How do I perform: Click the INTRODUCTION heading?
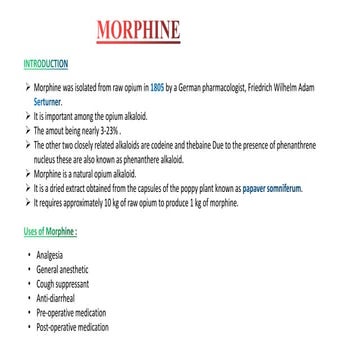click(45, 63)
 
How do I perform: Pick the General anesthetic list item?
click(61, 269)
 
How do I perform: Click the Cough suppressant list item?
click(62, 284)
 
